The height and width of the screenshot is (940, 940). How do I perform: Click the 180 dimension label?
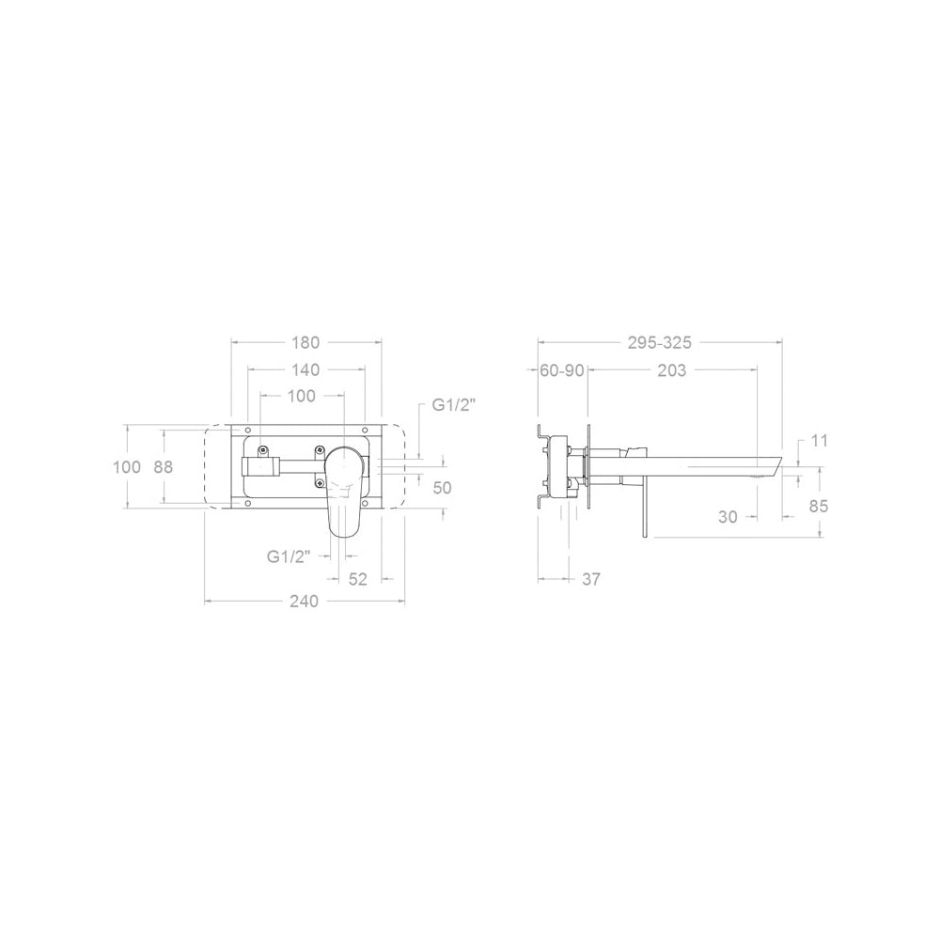305,343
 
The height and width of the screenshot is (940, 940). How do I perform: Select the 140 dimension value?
305,369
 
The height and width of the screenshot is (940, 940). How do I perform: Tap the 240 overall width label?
304,601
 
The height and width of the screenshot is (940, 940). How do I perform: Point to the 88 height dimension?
163,467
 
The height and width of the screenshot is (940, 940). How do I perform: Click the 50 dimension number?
442,488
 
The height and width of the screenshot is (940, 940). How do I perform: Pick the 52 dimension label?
357,579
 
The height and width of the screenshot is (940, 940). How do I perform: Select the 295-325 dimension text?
660,343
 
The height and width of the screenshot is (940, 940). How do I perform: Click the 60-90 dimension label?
562,370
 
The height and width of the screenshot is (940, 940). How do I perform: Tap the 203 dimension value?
671,370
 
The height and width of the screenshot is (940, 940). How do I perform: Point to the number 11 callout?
820,441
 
